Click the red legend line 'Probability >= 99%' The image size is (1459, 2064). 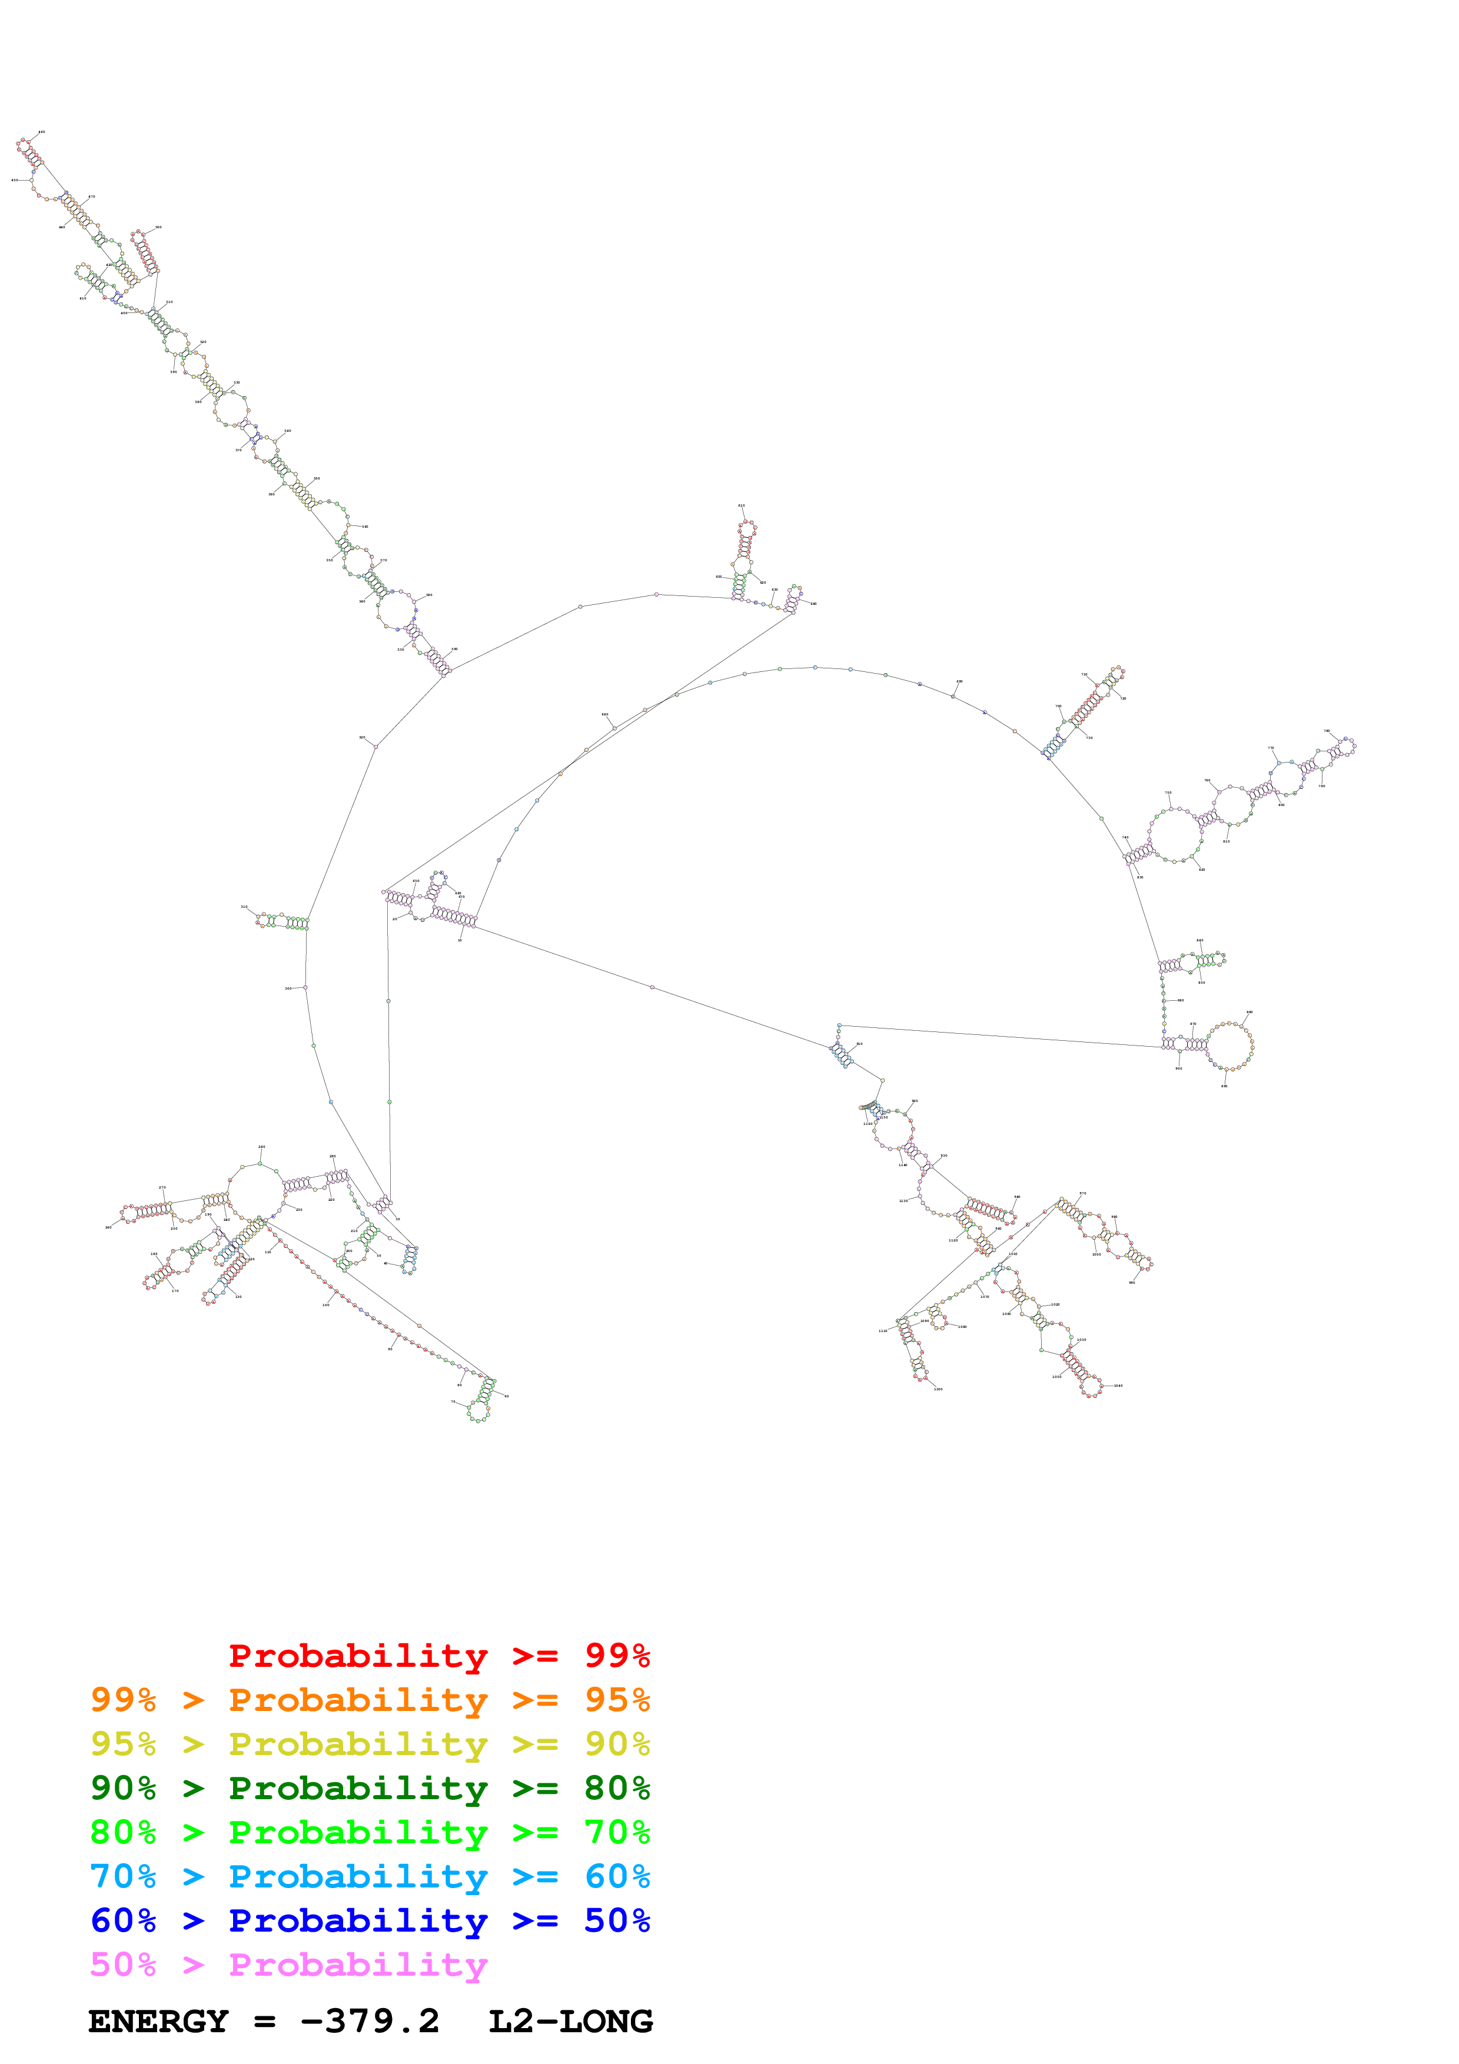pyautogui.click(x=438, y=1656)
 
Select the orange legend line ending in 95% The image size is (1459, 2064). pyautogui.click(x=370, y=1700)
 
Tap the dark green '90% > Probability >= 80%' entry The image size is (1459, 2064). pyautogui.click(x=370, y=1788)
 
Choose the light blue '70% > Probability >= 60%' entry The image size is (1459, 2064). pyautogui.click(x=370, y=1876)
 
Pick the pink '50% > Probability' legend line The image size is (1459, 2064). pyautogui.click(x=288, y=1964)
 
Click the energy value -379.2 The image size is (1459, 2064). pyautogui.click(x=370, y=2022)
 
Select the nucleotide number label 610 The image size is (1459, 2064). pyautogui.click(x=742, y=506)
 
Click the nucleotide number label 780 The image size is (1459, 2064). pyautogui.click(x=1327, y=732)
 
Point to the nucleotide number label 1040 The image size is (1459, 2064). pyautogui.click(x=1118, y=1385)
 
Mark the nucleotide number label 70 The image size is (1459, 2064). pyautogui.click(x=453, y=1400)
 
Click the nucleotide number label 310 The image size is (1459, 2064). pyautogui.click(x=244, y=907)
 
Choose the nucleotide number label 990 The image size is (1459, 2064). pyautogui.click(x=1132, y=1283)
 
